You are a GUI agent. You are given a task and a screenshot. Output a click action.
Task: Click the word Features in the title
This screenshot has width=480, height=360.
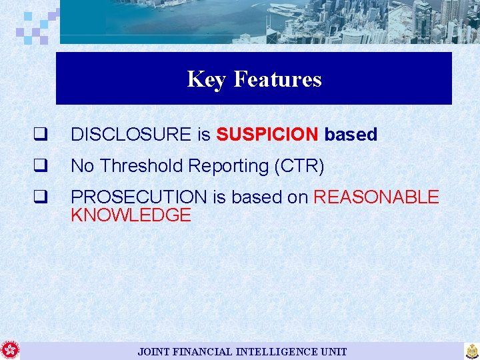pos(277,79)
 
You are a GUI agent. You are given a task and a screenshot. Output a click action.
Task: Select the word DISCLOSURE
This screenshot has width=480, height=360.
pos(131,135)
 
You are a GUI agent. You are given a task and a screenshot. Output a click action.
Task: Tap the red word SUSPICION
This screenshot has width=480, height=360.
pos(267,135)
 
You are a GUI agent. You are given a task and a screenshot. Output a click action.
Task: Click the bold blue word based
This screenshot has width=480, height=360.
pos(351,135)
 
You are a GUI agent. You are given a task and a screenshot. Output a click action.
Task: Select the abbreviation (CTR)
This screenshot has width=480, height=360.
pos(299,166)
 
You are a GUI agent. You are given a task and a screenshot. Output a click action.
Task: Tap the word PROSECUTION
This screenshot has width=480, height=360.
pos(139,197)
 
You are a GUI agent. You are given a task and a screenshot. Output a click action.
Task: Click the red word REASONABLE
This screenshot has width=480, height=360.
pos(376,197)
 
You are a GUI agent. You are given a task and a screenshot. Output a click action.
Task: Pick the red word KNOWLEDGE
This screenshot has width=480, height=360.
pos(131,215)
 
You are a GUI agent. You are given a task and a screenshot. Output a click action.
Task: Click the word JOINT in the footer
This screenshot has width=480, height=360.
pos(153,351)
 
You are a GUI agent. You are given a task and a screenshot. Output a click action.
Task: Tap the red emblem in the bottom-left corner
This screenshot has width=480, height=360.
pos(10,350)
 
